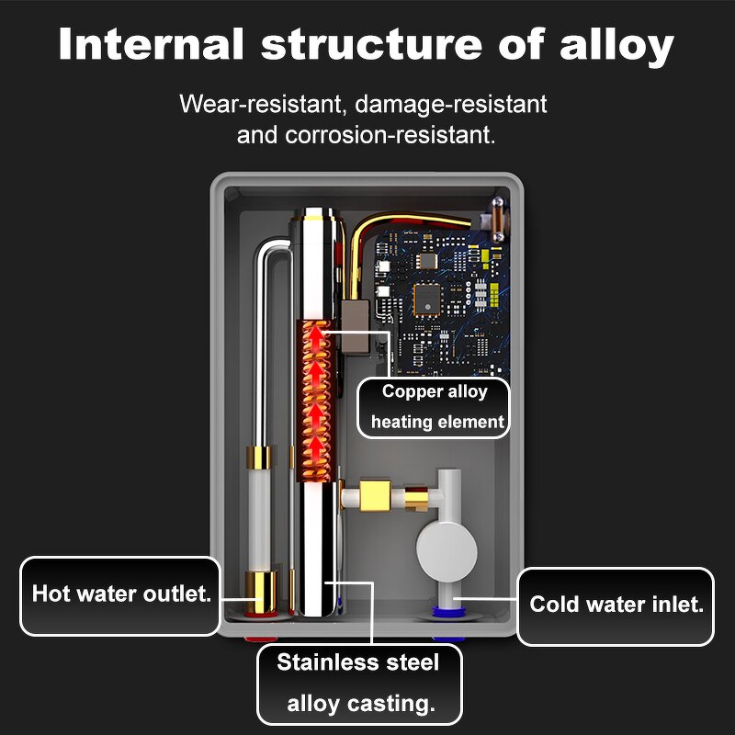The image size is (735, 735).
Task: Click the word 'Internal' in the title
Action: coord(153,45)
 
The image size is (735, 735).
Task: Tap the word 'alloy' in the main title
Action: coord(613,45)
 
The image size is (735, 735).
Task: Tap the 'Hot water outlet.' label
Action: coord(120,594)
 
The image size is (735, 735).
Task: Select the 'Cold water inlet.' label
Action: coord(616,605)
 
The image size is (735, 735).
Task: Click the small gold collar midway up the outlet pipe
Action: coord(260,456)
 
